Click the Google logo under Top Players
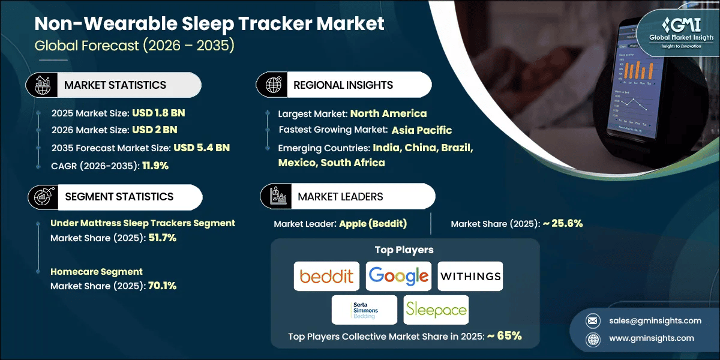click(x=399, y=276)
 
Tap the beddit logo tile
click(x=327, y=276)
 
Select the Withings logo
click(x=470, y=276)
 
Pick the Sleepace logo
click(x=436, y=310)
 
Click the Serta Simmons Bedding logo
click(x=365, y=310)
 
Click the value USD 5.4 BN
click(x=202, y=148)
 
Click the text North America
click(x=388, y=113)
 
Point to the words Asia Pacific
click(x=422, y=130)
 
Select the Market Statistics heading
click(x=115, y=85)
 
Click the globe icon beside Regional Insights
click(x=274, y=85)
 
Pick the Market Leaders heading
click(x=340, y=196)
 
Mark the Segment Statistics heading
click(x=118, y=196)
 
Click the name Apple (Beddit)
click(x=373, y=224)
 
